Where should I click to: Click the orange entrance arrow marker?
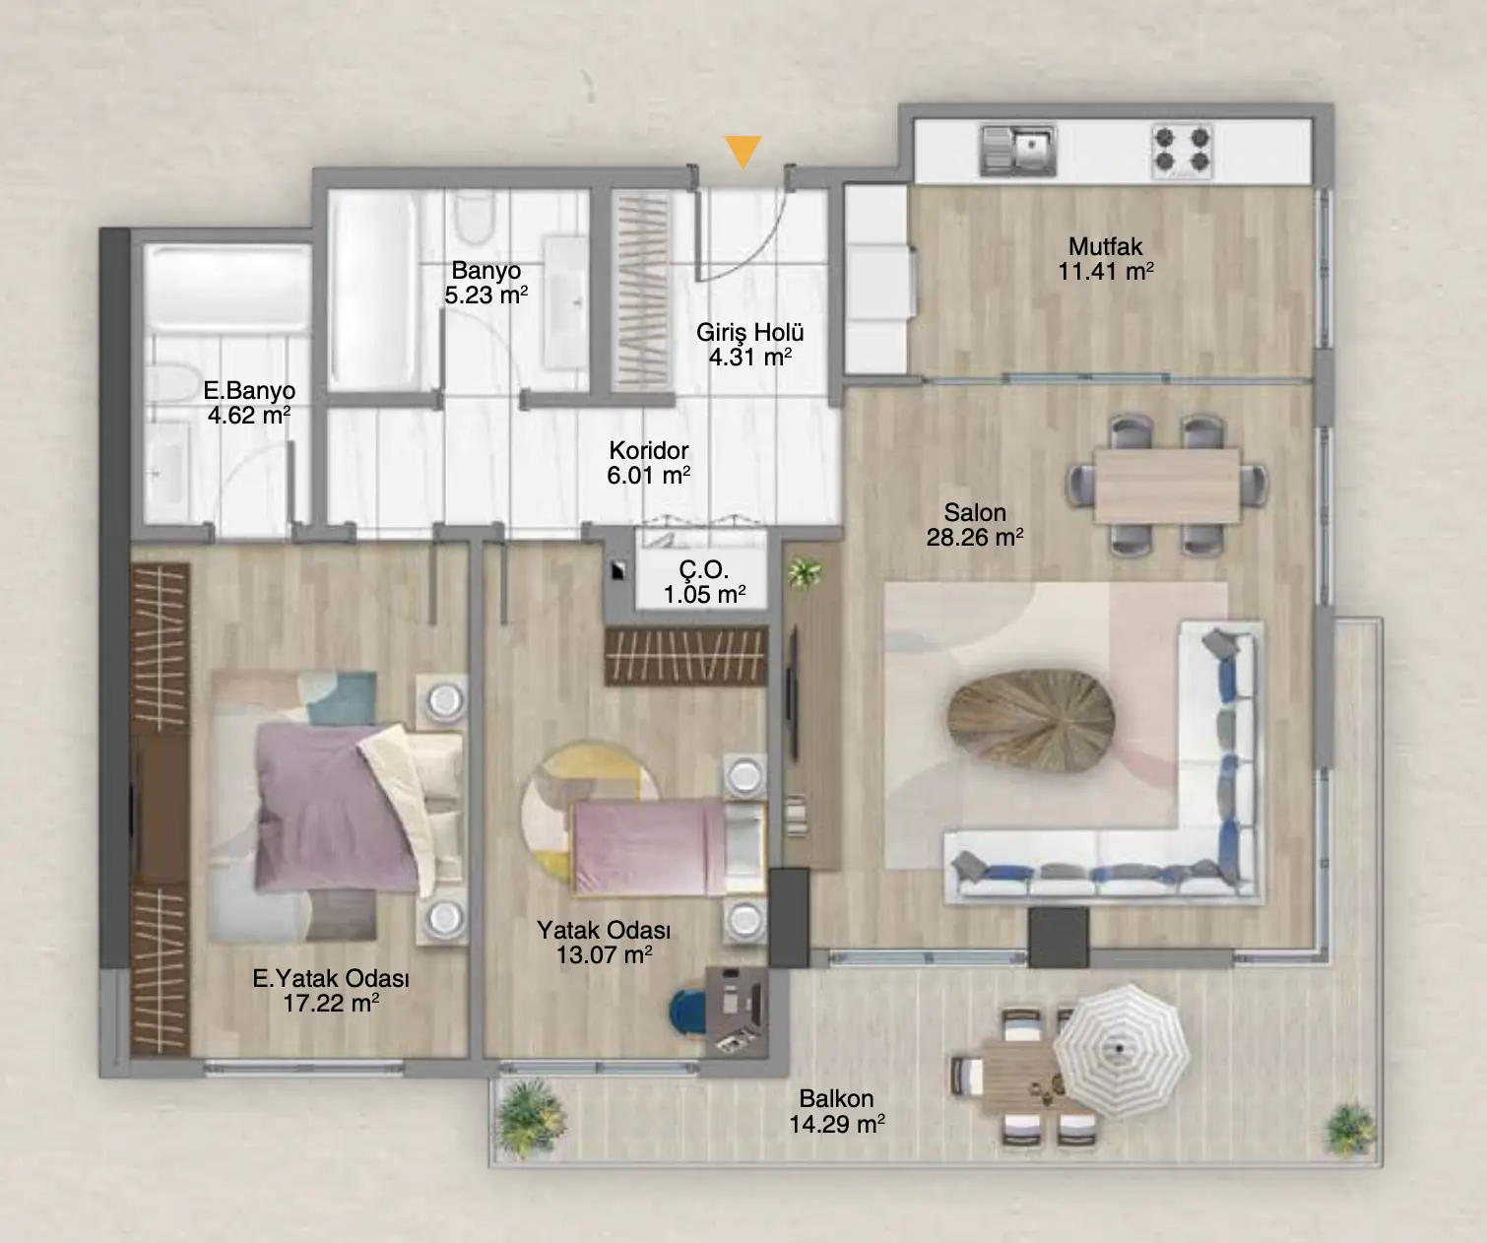click(x=743, y=152)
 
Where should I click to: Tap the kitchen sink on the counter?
click(x=1017, y=151)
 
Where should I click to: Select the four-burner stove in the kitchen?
click(x=1182, y=150)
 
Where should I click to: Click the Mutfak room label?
click(x=1105, y=246)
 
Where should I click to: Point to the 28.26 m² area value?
click(x=974, y=537)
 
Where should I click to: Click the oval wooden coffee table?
click(x=1031, y=721)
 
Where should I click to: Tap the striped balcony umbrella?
click(x=1122, y=1051)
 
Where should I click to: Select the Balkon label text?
click(x=836, y=1098)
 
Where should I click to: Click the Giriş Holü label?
click(x=750, y=333)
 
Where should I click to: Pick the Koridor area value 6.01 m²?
click(x=648, y=475)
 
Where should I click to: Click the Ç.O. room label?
click(x=704, y=569)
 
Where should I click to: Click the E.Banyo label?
click(x=249, y=390)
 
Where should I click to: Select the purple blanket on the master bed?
click(x=335, y=805)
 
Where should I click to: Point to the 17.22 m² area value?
click(x=331, y=1004)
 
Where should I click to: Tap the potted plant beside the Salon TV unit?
click(x=805, y=572)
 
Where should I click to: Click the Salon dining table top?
click(x=1167, y=486)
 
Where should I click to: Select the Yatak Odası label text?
click(x=604, y=931)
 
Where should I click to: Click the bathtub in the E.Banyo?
click(x=227, y=289)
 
